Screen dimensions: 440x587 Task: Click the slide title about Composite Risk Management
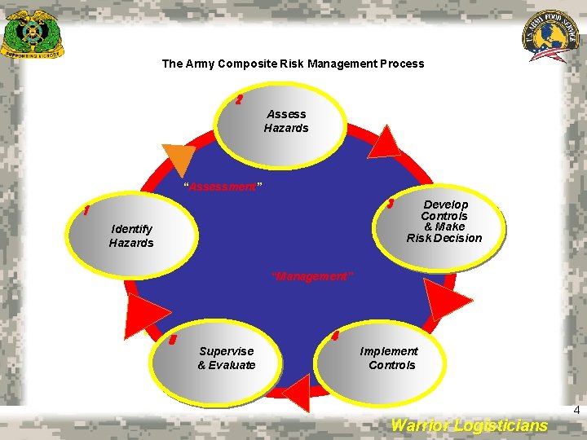click(x=293, y=64)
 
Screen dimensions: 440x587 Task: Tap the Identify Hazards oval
click(x=131, y=236)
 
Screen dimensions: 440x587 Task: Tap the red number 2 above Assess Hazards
click(x=238, y=100)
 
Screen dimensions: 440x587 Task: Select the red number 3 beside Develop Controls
click(x=391, y=204)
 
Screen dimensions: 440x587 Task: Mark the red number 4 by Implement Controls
click(x=336, y=336)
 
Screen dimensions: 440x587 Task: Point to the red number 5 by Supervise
click(x=172, y=340)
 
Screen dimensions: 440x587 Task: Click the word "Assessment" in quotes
click(x=223, y=187)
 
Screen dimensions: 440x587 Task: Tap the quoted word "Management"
click(x=312, y=277)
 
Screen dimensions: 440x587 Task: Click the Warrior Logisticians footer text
click(x=470, y=425)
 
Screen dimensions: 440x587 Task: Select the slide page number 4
click(x=576, y=411)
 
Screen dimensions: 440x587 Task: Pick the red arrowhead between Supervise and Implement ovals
click(x=297, y=393)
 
